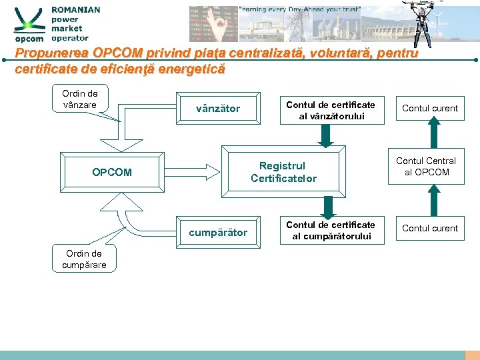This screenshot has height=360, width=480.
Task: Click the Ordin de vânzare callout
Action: click(80, 99)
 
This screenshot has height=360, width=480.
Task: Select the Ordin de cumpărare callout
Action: click(84, 259)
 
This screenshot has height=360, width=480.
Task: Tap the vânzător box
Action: click(218, 109)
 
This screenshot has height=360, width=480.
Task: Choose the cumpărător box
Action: click(218, 233)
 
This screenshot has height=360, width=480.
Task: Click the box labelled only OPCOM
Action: click(112, 172)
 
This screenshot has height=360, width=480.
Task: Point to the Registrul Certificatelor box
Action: click(283, 172)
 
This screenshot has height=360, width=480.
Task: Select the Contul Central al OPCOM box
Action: click(426, 167)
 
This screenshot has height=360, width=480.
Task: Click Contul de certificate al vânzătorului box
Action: click(331, 110)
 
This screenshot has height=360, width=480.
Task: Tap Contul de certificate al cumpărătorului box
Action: click(331, 230)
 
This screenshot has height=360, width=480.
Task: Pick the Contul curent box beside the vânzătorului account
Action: click(430, 108)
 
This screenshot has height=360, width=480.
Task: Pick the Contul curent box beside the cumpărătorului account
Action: click(430, 228)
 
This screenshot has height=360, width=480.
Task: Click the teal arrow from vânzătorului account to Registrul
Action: click(325, 135)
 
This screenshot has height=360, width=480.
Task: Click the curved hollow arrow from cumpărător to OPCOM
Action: click(143, 223)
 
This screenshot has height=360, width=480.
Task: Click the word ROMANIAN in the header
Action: click(75, 10)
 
